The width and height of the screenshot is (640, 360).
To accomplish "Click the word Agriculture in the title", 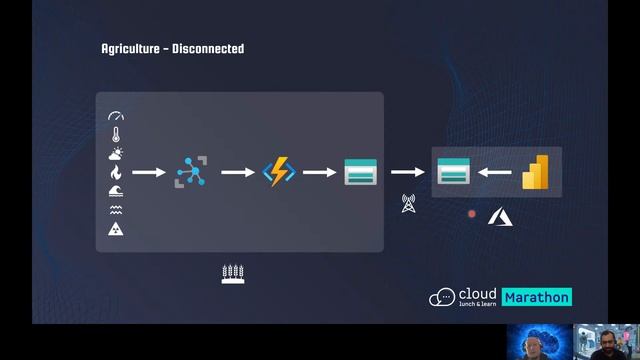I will pos(130,48).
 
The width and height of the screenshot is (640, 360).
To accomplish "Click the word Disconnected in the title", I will pos(209,48).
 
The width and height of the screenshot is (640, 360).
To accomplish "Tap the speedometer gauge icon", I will pos(116,117).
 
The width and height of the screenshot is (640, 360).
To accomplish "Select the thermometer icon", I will pos(116,135).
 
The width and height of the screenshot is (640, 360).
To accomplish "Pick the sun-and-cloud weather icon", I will pos(116,154).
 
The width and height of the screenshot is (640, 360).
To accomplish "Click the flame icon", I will pos(116,172).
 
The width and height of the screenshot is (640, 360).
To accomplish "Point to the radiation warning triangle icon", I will pos(116,230).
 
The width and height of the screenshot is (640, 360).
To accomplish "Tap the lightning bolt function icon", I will pos(277,172).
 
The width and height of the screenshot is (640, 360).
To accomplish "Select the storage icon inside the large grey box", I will pos(359,172).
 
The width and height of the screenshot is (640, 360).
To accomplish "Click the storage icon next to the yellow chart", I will pos(453,172).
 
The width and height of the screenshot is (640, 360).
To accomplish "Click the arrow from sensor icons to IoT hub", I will pos(149,172).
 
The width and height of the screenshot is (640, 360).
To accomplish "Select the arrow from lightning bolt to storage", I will pos(319,172).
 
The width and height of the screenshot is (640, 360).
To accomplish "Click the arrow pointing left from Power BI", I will pos(494,172).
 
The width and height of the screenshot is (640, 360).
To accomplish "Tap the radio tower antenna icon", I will pos(407,203).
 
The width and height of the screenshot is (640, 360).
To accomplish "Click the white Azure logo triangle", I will pos(498,215).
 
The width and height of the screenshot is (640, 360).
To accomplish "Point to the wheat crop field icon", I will pos(233,273).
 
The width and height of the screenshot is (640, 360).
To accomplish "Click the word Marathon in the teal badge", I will pos(536,297).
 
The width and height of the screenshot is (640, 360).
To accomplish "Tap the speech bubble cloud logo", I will pos(442,297).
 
